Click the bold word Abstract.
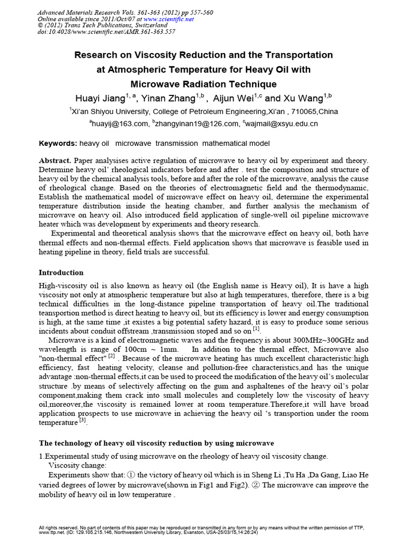click(55, 160)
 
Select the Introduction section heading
click(61, 273)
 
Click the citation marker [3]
click(83, 421)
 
